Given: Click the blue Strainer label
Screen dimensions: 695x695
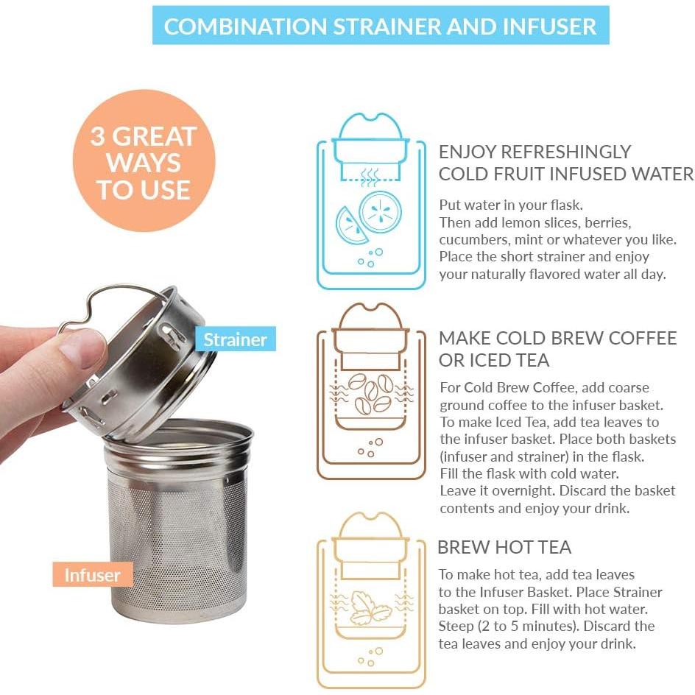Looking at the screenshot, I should [x=234, y=339].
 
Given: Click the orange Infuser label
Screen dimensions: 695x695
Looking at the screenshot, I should [x=92, y=574].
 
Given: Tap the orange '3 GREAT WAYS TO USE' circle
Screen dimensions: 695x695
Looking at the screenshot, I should [x=144, y=162].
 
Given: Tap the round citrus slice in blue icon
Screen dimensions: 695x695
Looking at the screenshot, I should [x=381, y=211].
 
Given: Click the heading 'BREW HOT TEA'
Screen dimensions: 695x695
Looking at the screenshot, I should [x=504, y=547].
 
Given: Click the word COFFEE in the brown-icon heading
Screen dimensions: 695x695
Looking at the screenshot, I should [x=638, y=338].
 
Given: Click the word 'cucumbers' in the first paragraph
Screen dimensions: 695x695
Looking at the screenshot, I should [x=472, y=240].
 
